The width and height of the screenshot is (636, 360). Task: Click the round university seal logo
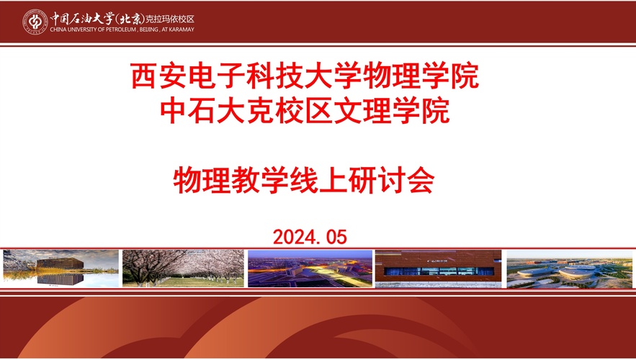coord(35,21)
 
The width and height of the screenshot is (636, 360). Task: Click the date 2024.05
coord(310,235)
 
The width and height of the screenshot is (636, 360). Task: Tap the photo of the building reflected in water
coord(61,269)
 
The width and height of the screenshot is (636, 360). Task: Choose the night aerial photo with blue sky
coord(310,269)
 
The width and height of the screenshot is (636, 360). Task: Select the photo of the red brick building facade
coord(438,269)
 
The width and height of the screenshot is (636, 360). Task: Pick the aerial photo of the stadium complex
coord(569,269)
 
